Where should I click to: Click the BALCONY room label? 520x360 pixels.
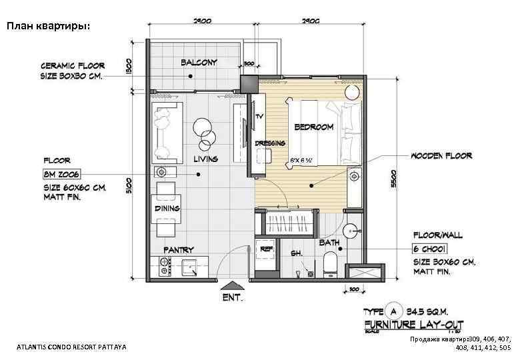pos(199,63)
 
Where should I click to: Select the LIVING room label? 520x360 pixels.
pos(205,159)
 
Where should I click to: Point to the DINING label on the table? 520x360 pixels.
pos(167,209)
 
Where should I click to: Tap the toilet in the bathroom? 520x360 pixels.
pos(329,267)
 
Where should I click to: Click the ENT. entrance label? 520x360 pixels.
pos(233,299)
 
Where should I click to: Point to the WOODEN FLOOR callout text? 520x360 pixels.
pos(441,156)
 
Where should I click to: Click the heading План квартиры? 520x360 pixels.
pos(47,27)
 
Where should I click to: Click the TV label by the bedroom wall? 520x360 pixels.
pos(259,117)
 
